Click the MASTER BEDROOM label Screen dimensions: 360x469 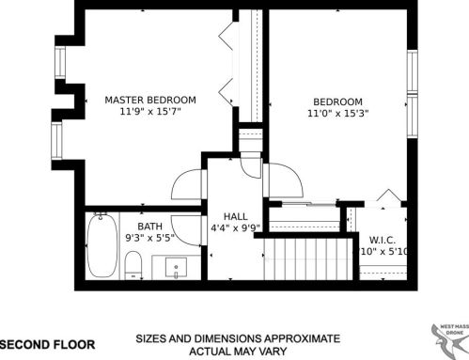(x=149, y=100)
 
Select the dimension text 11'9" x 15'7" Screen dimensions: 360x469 (x=149, y=112)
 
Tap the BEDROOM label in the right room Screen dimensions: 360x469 (x=337, y=102)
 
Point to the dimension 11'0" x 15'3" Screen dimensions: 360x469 (x=337, y=114)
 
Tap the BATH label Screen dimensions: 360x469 (x=150, y=227)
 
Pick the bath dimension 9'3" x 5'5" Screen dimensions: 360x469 (x=150, y=239)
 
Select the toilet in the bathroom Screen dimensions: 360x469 (x=133, y=264)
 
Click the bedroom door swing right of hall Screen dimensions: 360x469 (x=281, y=179)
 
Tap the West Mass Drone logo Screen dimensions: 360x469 (x=446, y=337)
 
